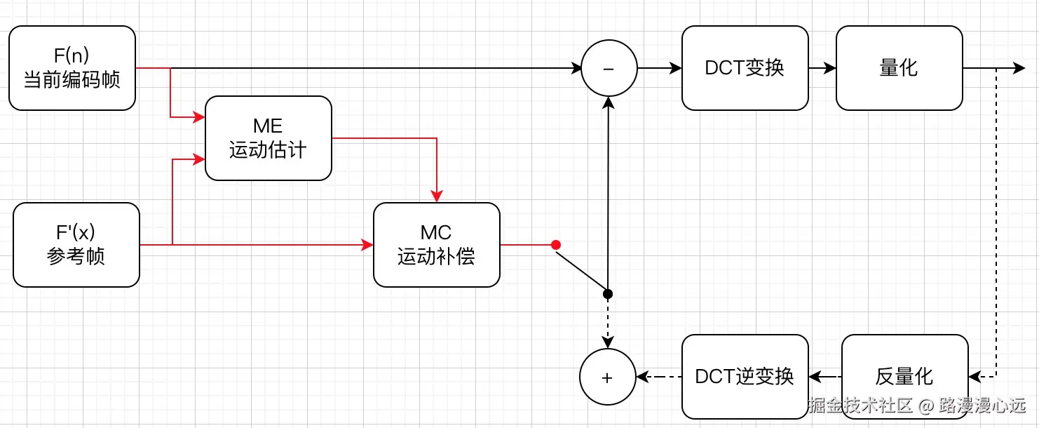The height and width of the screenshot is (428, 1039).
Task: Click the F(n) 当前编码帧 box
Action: (x=72, y=68)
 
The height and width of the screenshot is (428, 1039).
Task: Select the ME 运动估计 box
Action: (x=268, y=138)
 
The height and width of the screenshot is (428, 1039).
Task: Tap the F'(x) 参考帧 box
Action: (x=76, y=245)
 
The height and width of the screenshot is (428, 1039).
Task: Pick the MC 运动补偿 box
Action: (x=436, y=245)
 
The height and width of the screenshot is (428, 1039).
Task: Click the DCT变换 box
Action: (x=745, y=68)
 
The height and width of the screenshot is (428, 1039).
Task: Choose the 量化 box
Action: (x=899, y=68)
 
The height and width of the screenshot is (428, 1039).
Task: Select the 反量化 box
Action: (x=904, y=377)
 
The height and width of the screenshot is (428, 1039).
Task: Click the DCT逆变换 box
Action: (x=745, y=377)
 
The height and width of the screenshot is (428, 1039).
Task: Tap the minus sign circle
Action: (x=609, y=68)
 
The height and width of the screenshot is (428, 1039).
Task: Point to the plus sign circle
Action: (x=607, y=377)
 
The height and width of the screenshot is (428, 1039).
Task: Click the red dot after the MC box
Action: (x=556, y=245)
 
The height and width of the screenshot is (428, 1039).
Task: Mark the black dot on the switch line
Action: (x=608, y=293)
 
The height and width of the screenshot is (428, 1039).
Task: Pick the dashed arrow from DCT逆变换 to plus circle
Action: (x=658, y=377)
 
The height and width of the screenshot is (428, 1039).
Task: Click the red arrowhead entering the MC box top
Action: (x=437, y=196)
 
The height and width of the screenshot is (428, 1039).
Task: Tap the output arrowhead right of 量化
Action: (x=1019, y=68)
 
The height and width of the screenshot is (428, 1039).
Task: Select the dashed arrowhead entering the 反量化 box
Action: (x=975, y=377)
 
